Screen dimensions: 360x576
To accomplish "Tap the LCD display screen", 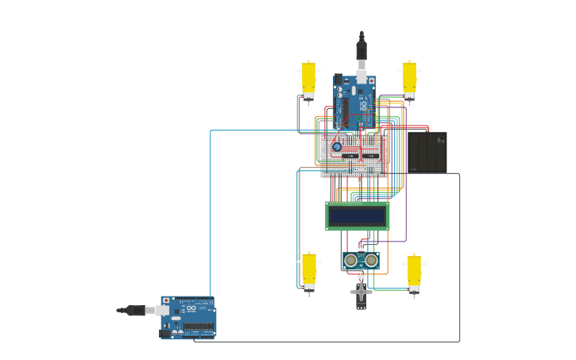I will (358, 216).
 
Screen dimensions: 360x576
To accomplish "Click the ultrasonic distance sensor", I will (361, 260).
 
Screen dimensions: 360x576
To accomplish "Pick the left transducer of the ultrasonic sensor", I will (350, 261).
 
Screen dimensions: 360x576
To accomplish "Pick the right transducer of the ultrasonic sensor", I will (371, 261).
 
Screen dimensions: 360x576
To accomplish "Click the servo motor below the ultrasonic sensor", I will (361, 292).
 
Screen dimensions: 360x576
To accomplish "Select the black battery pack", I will (427, 152).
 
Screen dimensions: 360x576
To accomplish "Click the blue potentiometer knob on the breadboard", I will (337, 147).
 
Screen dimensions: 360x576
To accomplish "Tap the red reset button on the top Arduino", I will (371, 80).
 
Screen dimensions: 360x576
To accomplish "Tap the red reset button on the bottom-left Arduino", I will (166, 300).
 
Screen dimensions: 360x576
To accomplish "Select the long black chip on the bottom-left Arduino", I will (198, 327).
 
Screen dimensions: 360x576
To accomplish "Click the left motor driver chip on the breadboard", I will (350, 157).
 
